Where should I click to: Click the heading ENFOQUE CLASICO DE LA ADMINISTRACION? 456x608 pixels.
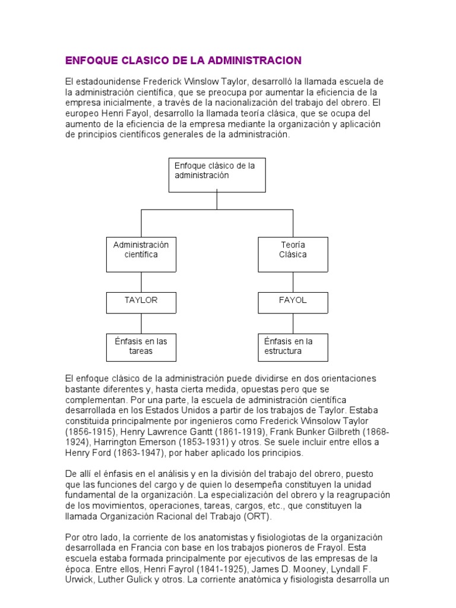pos(183,61)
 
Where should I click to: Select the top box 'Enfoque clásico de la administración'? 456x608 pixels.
pos(217,175)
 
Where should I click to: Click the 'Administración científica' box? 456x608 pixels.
pos(141,254)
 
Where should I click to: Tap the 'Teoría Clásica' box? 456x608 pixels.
pos(293,254)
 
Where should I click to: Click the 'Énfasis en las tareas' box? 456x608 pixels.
pos(141,347)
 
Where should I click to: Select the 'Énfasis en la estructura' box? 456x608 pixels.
pos(293,347)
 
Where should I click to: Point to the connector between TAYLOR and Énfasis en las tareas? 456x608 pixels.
pos(141,324)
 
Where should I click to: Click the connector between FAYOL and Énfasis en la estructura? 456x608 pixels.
pos(293,324)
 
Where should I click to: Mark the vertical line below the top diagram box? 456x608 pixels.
pos(217,201)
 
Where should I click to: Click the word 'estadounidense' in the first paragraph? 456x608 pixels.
pos(104,81)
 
